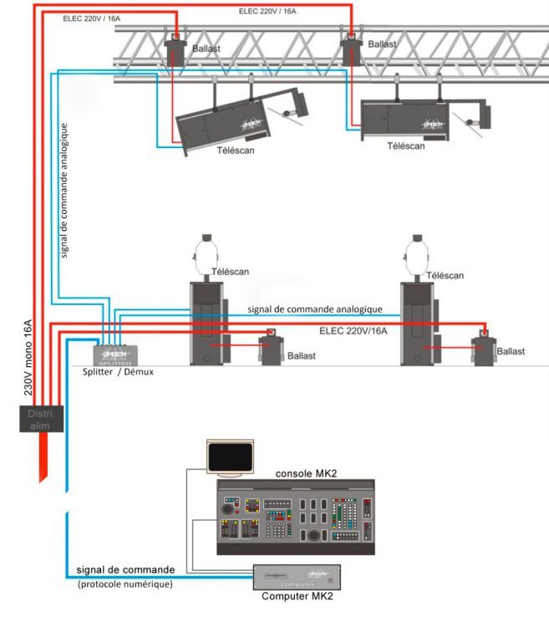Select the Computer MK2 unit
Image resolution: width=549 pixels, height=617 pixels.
pos(297,577)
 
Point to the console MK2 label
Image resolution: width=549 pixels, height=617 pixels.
pos(305,472)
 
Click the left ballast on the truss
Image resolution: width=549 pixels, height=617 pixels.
pos(175,52)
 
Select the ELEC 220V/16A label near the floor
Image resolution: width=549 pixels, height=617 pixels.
pos(354,330)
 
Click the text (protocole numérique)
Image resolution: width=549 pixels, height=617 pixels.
pos(125,584)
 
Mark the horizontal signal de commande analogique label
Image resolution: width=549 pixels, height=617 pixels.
pos(315,309)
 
